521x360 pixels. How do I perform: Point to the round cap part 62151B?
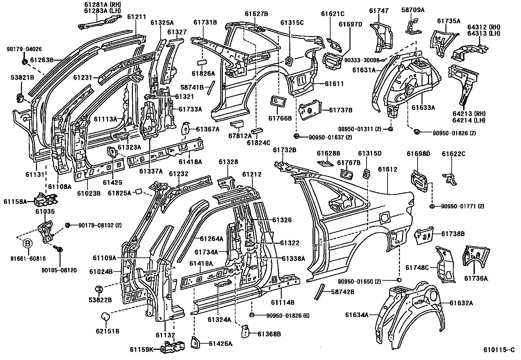pos(105,317)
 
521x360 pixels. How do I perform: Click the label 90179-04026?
pos(24,49)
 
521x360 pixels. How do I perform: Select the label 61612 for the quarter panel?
pos(387,169)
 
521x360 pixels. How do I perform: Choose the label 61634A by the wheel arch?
pos(357,315)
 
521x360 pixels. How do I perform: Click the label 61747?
pos(379,11)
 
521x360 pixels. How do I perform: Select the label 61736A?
pos(476,278)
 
